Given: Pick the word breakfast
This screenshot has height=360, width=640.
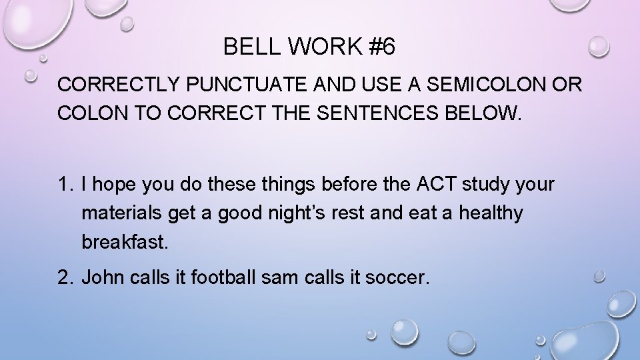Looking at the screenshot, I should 123,241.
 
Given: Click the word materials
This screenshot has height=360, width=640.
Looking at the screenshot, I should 118,213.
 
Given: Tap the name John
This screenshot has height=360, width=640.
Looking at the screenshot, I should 101,277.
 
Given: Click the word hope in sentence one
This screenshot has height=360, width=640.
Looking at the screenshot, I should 111,185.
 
